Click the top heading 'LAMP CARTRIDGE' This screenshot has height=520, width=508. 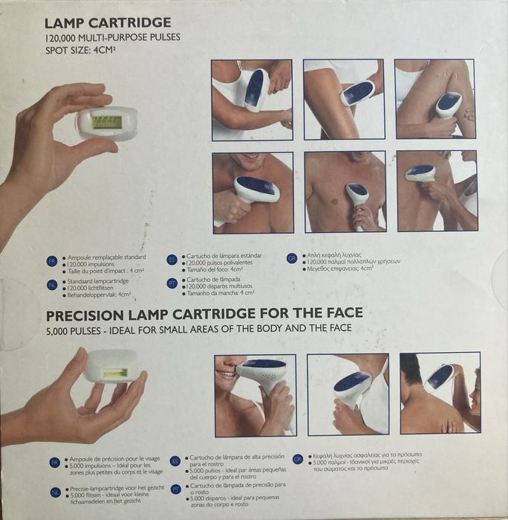pos(108,22)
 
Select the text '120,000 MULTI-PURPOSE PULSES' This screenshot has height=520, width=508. pos(113,37)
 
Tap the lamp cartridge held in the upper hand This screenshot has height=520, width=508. pos(107,122)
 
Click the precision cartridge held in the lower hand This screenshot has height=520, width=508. pos(111,370)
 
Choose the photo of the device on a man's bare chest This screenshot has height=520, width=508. pos(345,192)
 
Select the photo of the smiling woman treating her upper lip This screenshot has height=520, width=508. pos(255,394)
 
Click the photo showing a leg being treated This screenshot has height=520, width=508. pos(434,99)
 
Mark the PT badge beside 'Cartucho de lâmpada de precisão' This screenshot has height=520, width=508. pos(175,489)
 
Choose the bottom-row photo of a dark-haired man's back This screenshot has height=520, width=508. pos(440,394)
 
